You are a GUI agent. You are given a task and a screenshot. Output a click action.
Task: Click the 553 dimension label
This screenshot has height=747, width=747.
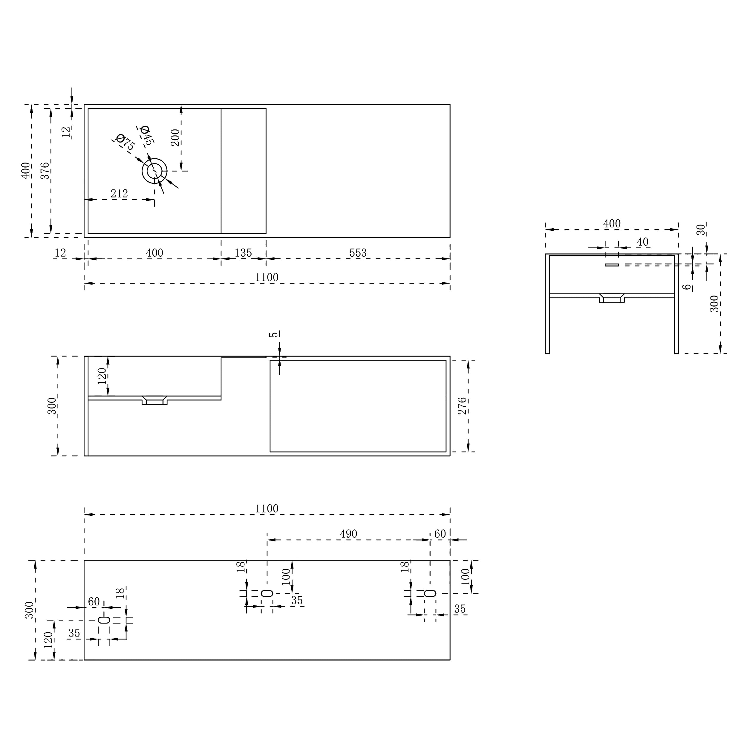click(x=358, y=253)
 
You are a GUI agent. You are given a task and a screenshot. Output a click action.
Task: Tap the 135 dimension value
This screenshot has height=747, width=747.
click(x=243, y=253)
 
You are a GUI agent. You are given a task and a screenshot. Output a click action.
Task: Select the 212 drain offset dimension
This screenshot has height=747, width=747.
click(x=119, y=193)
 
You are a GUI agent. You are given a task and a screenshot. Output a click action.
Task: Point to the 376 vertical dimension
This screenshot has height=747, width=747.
click(x=45, y=171)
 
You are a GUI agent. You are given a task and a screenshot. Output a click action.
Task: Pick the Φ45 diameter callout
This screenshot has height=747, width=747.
click(x=146, y=135)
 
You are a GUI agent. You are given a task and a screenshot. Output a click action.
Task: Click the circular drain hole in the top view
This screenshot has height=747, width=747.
click(x=155, y=171)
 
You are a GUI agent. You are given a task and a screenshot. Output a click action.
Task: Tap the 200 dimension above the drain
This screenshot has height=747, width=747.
click(x=175, y=137)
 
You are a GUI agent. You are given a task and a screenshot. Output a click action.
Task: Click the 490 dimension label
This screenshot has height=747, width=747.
click(x=348, y=534)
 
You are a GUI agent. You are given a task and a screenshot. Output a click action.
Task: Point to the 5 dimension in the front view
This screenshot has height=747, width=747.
click(x=274, y=334)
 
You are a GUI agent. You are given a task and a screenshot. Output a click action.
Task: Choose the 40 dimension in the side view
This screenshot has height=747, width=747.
click(x=643, y=242)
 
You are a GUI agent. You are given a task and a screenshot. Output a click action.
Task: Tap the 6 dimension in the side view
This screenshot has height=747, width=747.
click(x=686, y=287)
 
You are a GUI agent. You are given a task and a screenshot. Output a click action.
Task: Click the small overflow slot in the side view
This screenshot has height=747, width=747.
click(x=612, y=265)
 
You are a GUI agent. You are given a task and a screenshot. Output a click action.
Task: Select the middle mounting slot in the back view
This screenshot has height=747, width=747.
click(x=267, y=593)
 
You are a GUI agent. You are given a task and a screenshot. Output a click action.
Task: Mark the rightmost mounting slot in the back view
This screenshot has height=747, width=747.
click(x=430, y=593)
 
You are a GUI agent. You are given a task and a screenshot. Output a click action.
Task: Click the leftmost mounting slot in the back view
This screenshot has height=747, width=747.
click(x=104, y=620)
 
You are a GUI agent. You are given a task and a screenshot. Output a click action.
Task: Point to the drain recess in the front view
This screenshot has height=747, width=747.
click(x=155, y=401)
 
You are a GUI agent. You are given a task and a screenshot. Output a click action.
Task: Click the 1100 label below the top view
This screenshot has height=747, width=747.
click(x=267, y=277)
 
